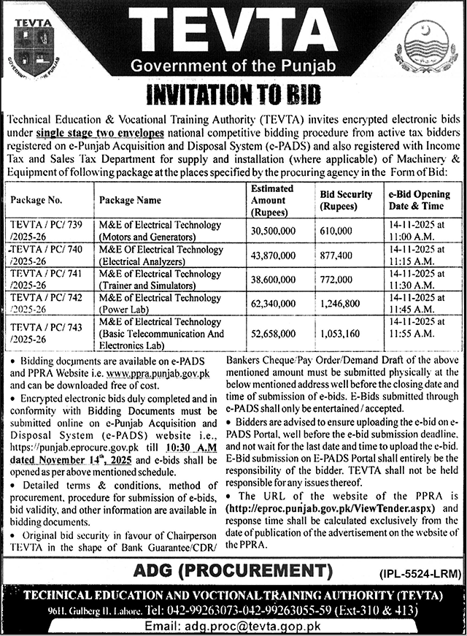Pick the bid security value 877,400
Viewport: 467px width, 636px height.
pos(336,255)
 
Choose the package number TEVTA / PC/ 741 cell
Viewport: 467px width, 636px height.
pos(45,279)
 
